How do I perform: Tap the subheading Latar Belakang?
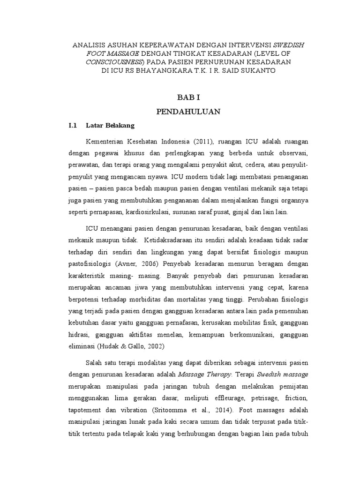tap(110, 126)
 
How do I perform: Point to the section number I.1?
tap(73, 126)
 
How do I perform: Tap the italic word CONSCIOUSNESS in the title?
tap(115, 62)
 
